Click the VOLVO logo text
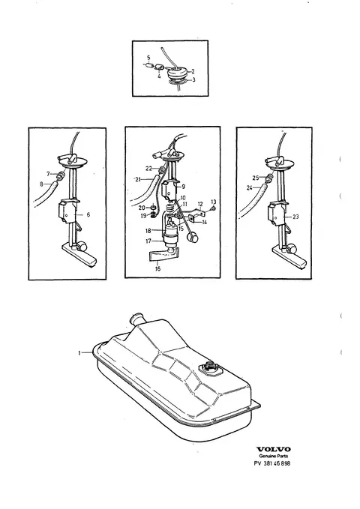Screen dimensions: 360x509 point(273,449)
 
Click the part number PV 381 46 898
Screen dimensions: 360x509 point(272,463)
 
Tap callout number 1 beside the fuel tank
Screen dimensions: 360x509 point(79,353)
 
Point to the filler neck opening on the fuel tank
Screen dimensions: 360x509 point(136,316)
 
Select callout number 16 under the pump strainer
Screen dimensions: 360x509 point(158,269)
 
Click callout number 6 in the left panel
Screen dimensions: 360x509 point(88,214)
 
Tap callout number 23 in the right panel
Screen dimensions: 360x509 point(295,217)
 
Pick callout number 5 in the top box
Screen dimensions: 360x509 point(148,58)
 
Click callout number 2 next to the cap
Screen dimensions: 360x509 point(193,71)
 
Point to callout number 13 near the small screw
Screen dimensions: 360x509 point(214,202)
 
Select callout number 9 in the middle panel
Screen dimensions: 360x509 point(184,187)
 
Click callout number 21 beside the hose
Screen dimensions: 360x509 point(138,179)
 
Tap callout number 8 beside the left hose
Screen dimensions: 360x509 point(41,184)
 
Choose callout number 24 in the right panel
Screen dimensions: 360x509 point(250,187)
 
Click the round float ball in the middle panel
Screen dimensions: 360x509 point(193,238)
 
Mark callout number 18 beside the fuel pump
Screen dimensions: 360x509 point(148,231)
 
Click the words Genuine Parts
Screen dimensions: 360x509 point(273,456)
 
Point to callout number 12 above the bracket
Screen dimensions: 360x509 point(200,204)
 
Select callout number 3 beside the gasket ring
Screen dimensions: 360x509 point(193,80)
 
